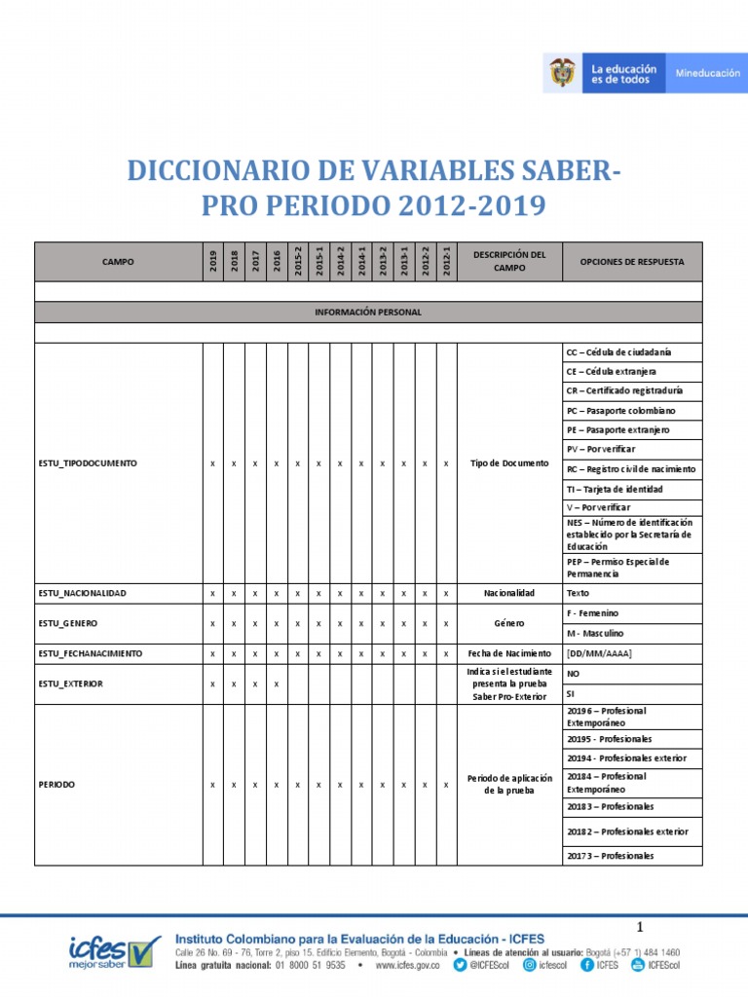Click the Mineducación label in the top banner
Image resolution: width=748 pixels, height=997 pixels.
point(707,73)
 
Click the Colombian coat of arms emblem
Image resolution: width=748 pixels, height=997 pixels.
point(562,74)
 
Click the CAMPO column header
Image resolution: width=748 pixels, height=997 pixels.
point(118,262)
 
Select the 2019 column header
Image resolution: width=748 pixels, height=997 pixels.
point(212,261)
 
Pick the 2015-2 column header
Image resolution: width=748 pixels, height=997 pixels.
point(298,261)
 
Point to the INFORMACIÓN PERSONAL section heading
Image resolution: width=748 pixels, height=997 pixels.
point(367,313)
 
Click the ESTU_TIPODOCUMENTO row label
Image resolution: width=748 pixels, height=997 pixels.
point(88,463)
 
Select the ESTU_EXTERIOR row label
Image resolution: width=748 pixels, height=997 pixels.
point(71,683)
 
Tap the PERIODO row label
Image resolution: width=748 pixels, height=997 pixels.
point(56,784)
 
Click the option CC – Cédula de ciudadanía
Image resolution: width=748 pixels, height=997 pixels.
point(618,352)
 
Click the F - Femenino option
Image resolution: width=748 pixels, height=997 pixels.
point(592,613)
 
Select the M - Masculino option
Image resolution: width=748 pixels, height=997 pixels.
point(595,633)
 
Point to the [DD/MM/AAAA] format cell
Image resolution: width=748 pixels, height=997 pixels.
point(599,653)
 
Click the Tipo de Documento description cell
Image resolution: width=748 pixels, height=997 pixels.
point(508,463)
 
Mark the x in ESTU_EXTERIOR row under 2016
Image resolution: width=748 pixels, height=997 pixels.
point(277,683)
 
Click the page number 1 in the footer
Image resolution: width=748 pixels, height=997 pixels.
point(641,926)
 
